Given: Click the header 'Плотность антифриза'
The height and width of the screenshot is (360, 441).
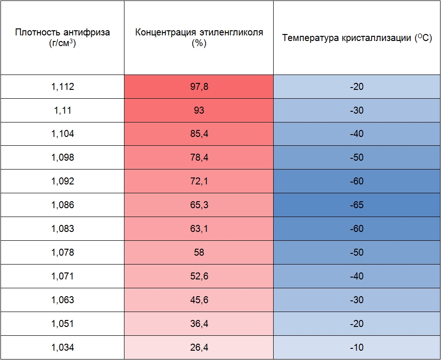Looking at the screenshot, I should point(62,37).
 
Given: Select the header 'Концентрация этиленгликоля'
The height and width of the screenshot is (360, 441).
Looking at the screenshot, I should point(199,37).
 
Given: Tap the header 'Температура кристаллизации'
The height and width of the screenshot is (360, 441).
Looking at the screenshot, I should point(357,38).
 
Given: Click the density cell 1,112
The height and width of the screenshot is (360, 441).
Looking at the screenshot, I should point(62,87).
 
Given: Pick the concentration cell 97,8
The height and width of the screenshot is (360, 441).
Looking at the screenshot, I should point(199,87).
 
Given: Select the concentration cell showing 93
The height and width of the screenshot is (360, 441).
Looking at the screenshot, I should point(199,110).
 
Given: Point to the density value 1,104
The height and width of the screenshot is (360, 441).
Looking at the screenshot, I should point(62,134).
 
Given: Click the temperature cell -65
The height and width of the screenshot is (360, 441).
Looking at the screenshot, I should point(357,205).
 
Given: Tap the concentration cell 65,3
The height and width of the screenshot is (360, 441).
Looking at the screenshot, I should point(199,205).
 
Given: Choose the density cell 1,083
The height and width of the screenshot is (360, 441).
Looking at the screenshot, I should point(62,229).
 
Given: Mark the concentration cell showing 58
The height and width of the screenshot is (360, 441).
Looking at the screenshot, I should point(199,252).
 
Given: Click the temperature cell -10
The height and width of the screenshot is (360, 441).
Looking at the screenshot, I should point(357,347).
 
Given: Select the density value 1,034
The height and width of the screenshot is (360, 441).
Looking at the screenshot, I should point(62,347).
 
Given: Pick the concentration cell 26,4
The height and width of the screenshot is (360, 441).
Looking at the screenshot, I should point(199,347).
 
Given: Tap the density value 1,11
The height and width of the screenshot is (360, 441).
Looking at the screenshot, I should point(62,110).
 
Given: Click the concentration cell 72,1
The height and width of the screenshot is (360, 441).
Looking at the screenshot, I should point(199,181).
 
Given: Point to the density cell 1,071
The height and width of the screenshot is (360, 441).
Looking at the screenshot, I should point(62,276).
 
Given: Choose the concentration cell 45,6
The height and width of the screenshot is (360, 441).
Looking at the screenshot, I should point(199,300).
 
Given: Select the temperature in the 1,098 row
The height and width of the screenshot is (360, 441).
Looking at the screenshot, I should point(357,157).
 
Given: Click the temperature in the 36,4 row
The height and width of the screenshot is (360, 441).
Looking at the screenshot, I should point(357,324).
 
